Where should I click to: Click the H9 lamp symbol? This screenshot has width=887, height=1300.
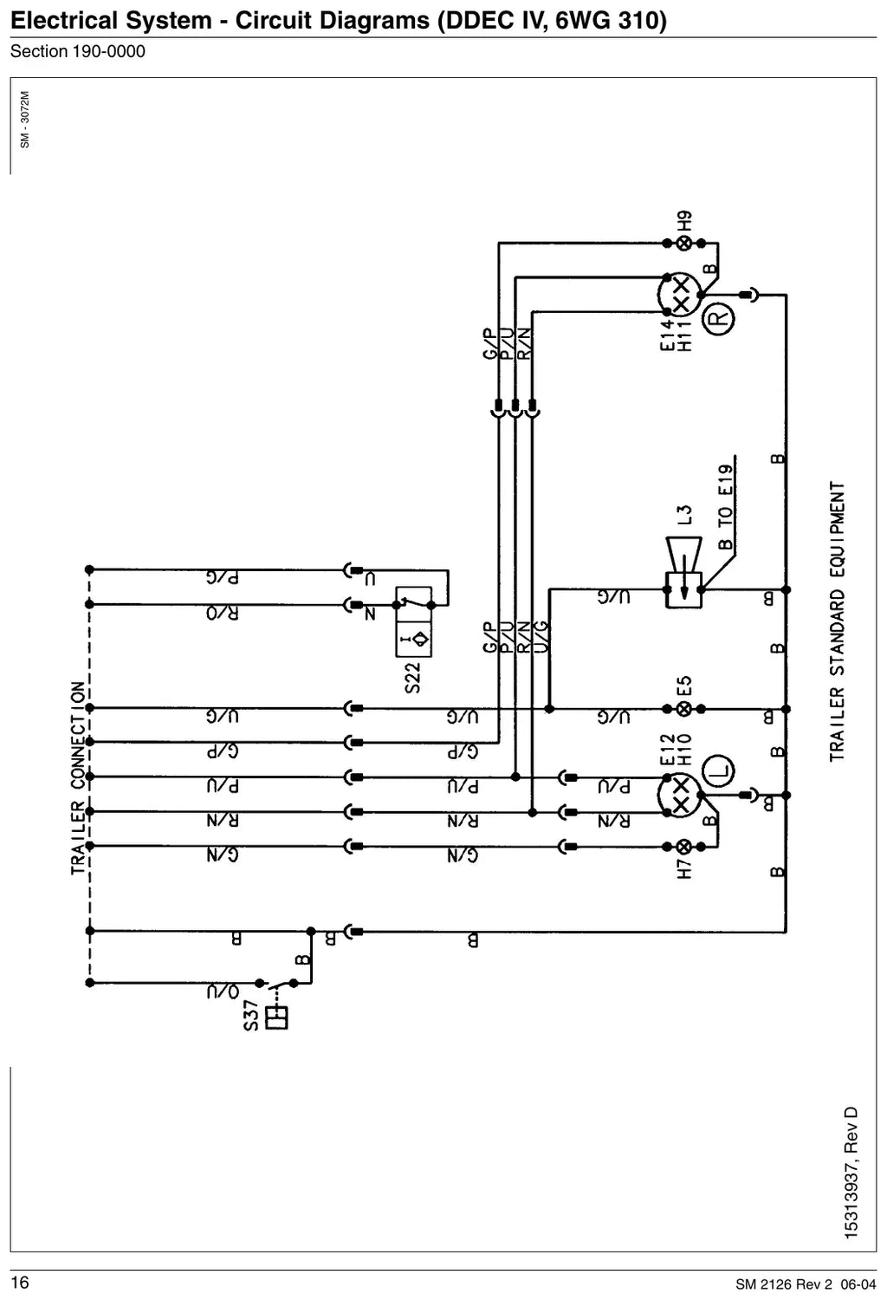point(684,244)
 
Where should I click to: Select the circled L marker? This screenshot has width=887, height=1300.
point(718,771)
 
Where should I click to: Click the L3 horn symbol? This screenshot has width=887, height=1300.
point(684,573)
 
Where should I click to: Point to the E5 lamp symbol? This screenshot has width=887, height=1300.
point(684,709)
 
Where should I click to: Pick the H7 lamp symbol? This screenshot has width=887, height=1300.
point(684,847)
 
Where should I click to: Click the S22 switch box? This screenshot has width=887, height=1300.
point(414,621)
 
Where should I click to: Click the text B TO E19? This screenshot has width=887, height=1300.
point(725,507)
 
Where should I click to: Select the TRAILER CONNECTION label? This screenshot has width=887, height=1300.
point(78,777)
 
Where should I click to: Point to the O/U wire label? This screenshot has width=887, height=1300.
point(223,991)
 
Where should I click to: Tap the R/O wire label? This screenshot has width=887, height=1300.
point(223,614)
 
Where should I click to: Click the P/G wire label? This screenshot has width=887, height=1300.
point(223,578)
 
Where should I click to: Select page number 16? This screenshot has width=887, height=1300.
point(20,1282)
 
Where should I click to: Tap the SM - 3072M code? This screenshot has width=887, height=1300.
point(24,120)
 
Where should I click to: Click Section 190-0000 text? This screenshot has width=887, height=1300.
point(78,52)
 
